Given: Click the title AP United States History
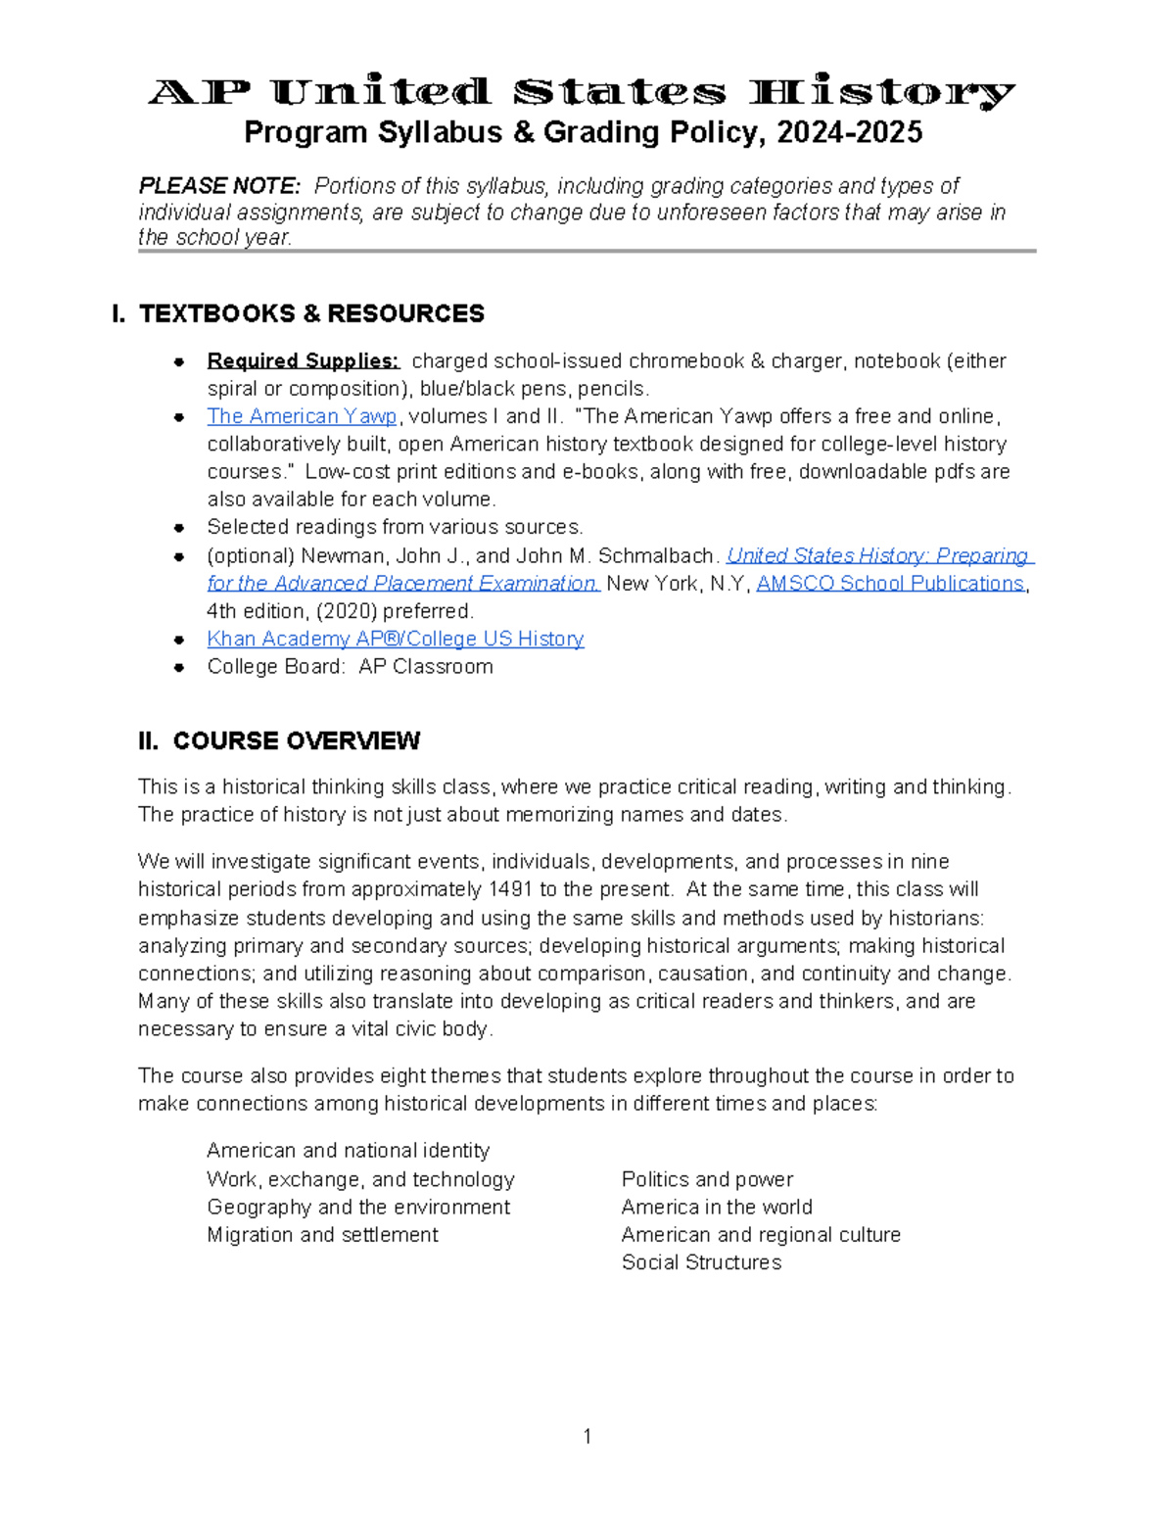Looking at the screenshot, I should coord(582,93).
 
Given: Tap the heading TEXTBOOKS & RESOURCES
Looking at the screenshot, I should coord(311,313).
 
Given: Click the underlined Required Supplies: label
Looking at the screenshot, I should coord(303,361).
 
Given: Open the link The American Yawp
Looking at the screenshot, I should coord(302,416).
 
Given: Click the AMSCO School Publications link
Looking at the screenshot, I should coord(890,584).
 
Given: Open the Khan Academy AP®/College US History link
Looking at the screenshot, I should coord(395,640).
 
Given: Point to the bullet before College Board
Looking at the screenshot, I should coord(179,668).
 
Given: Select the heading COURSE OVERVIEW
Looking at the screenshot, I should coord(296,741).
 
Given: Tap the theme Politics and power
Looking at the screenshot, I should coord(707,1179).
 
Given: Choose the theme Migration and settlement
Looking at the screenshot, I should coord(322,1235).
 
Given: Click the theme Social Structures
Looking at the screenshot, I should coord(701,1262).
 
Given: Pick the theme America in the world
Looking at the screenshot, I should coord(717,1208).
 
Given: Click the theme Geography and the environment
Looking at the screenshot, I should coord(358,1208).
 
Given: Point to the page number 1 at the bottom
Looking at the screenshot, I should coord(587,1437).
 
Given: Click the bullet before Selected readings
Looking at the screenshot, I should coord(179,528).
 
